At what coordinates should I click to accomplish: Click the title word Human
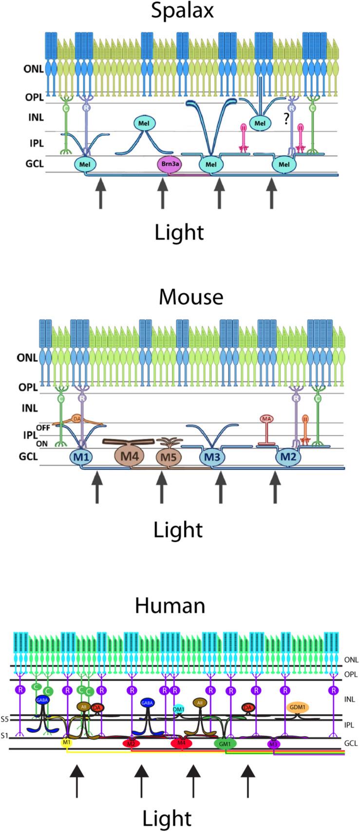(170, 606)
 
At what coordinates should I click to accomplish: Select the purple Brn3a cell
(169, 165)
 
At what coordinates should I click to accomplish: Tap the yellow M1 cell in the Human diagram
(67, 743)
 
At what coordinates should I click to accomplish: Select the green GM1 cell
(225, 744)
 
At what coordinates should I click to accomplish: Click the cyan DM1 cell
(179, 709)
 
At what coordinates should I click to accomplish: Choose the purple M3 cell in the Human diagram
(274, 744)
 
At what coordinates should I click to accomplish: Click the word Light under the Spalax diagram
(179, 232)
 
